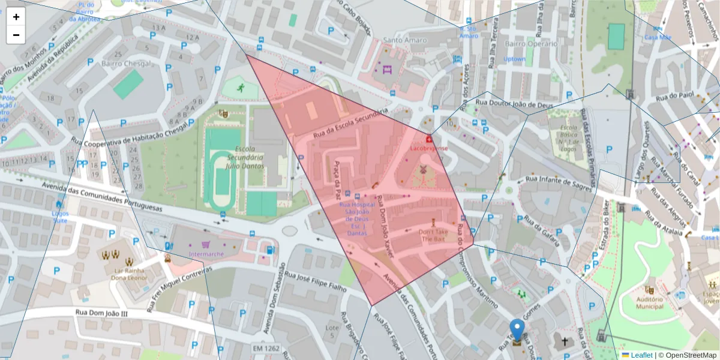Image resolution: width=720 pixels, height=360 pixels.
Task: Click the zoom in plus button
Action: coord(16,17)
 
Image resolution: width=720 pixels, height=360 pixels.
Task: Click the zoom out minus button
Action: coord(16,35)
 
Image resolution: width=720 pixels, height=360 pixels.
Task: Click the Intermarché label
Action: coord(206,254)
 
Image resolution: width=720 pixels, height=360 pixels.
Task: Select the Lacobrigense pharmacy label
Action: coord(428,148)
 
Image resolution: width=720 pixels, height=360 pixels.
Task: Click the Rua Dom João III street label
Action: coord(102,312)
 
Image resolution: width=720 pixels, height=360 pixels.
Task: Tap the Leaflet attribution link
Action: coord(640,355)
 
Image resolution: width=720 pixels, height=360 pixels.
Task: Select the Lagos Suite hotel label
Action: coord(60,217)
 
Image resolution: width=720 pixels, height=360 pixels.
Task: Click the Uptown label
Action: coord(514,59)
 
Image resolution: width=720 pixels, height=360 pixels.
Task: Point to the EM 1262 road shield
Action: coord(266,348)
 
